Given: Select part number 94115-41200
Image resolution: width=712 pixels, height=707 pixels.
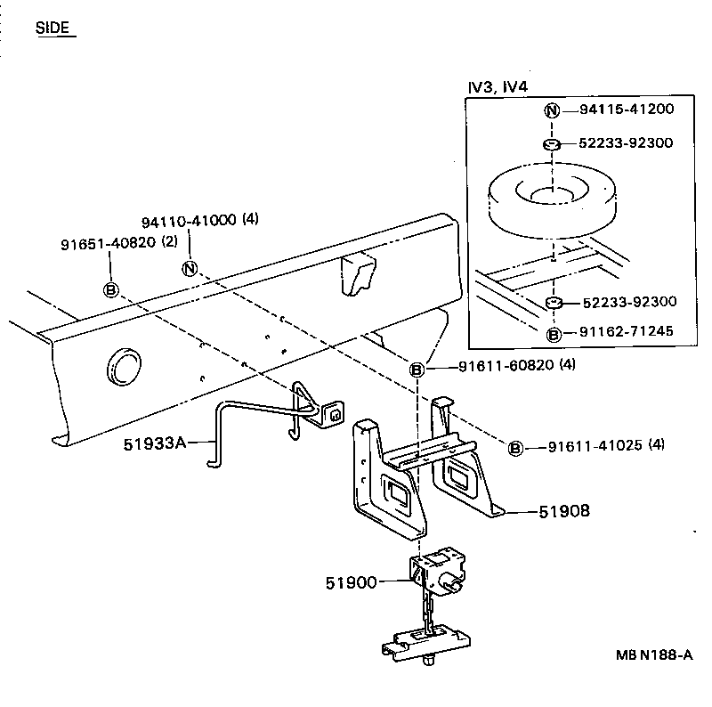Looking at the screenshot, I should click(x=627, y=110).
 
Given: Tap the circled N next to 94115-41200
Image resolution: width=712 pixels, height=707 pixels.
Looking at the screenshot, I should click(x=552, y=110).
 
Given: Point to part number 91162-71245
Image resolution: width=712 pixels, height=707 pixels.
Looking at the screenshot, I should click(x=627, y=333).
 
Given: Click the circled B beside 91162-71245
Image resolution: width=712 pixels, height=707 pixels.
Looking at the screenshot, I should click(x=553, y=335).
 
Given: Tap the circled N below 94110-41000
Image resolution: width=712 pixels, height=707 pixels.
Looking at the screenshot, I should click(x=190, y=268).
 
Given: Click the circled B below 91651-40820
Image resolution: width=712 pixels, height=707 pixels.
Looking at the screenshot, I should click(x=110, y=289).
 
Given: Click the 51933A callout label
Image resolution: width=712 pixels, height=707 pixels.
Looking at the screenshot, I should click(x=154, y=441).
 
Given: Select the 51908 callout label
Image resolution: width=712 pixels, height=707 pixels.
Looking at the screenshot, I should click(x=564, y=511).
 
